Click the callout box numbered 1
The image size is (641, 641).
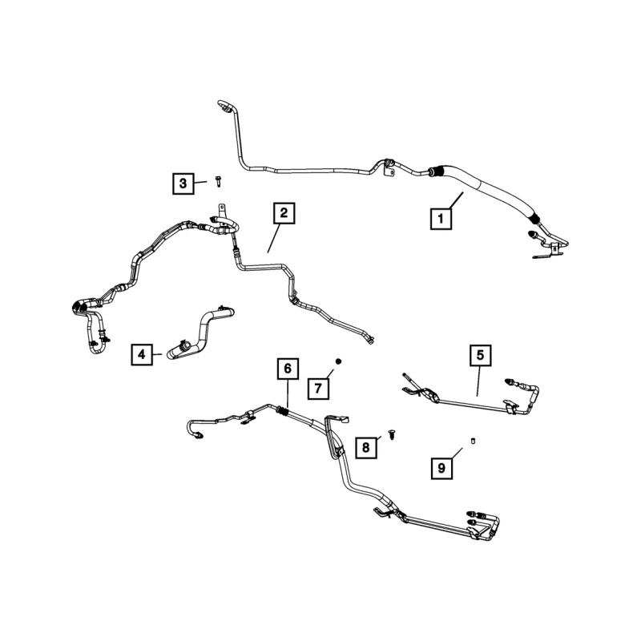coord(438,217)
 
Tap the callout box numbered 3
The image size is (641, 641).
coord(183,184)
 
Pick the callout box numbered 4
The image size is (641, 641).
coord(142,353)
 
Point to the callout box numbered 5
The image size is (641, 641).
coord(480,354)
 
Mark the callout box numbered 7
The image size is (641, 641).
coord(317,389)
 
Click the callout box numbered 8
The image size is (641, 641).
coord(365,447)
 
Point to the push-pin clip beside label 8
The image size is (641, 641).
coord(393,433)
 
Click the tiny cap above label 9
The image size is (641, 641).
coord(473,440)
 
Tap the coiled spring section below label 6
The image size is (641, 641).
coord(282,412)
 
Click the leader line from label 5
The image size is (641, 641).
coord(479,381)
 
